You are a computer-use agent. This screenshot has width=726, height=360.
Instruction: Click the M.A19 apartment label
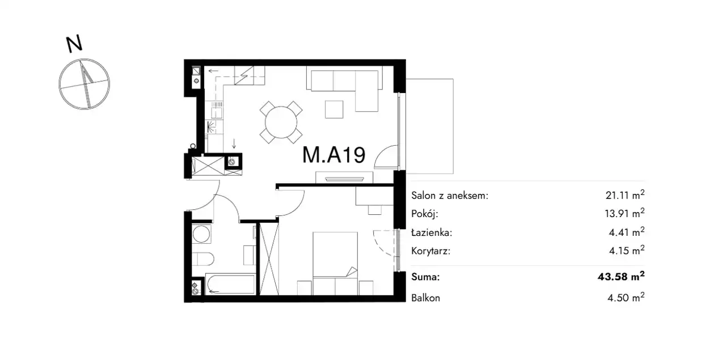(x=334, y=155)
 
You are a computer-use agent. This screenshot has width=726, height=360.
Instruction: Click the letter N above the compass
(x=74, y=44)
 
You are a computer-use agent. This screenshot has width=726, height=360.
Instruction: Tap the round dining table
(x=281, y=122)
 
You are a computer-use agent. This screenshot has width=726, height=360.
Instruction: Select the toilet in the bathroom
(x=203, y=259)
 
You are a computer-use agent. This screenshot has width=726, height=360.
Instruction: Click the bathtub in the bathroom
(x=230, y=284)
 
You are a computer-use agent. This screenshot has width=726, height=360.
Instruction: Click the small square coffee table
(x=334, y=109)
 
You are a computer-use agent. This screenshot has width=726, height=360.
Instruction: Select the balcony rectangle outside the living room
(x=429, y=126)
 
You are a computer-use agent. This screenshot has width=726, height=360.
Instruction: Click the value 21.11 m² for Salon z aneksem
(x=625, y=195)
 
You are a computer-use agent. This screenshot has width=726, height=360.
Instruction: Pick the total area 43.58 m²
(x=621, y=277)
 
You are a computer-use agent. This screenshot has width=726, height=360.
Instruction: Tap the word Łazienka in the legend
(x=432, y=232)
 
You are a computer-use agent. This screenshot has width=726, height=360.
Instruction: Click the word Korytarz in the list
(x=430, y=251)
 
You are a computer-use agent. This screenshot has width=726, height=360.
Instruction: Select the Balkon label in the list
(x=425, y=298)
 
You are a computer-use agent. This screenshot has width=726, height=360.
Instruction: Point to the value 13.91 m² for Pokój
(x=624, y=213)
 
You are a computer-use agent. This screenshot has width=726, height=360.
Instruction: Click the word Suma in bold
(x=425, y=277)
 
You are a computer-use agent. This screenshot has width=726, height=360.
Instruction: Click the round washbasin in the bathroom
(x=201, y=234)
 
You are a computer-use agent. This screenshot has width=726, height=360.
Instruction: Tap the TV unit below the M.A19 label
(x=344, y=177)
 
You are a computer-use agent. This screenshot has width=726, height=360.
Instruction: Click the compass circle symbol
(x=85, y=84)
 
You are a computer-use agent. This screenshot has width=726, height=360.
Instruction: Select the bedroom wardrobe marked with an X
(x=269, y=259)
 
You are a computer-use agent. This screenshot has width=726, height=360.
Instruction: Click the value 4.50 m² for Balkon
(x=626, y=297)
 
